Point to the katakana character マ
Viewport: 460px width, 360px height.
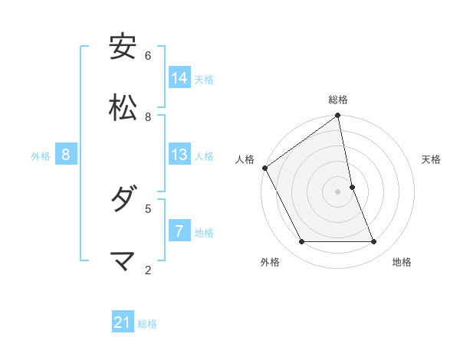pos(123,262)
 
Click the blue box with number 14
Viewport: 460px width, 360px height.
pos(179,78)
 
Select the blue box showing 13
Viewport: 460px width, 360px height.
pos(179,155)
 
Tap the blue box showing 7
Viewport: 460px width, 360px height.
pos(179,231)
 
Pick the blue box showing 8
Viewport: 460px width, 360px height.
pos(66,155)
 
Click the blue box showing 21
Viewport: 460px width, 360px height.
pos(123,323)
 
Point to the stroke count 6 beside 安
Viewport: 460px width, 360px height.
pos(148,56)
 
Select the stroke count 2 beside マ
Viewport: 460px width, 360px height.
pos(148,270)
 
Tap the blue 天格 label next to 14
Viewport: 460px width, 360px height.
pos(204,79)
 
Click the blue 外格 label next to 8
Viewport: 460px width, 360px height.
pos(41,156)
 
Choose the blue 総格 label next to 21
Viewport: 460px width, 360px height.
pos(147,324)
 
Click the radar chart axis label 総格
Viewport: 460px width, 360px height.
pos(338,100)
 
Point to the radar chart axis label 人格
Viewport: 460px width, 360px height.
pos(245,159)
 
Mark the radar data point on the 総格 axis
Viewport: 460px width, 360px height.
pos(338,116)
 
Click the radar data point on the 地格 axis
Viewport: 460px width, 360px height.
pos(374,242)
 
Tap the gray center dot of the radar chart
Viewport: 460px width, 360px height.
pos(338,191)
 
